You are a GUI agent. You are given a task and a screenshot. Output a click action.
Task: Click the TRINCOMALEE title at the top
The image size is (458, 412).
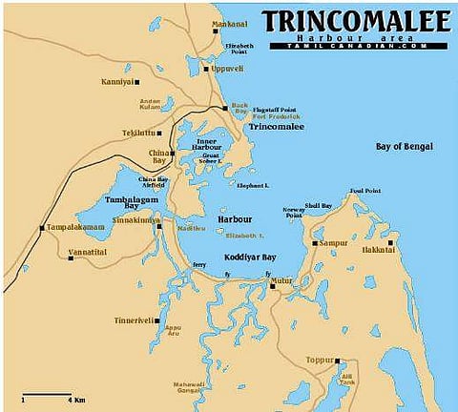(x=359, y=21)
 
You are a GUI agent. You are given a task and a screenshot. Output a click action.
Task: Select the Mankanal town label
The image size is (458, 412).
(x=229, y=24)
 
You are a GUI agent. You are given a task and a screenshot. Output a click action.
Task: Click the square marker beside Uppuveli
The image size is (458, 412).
(x=206, y=69)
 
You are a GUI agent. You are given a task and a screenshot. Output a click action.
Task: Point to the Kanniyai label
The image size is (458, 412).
(x=117, y=82)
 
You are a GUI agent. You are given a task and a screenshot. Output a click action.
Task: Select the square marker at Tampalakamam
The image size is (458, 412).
(x=41, y=228)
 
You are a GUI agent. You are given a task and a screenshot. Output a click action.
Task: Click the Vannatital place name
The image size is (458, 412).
(x=88, y=254)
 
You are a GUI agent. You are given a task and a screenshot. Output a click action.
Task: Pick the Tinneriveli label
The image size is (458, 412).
(x=133, y=319)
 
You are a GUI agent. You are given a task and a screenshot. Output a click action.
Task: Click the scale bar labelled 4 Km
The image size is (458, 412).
(x=45, y=394)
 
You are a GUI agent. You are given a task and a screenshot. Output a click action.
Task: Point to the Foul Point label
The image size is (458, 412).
(x=364, y=191)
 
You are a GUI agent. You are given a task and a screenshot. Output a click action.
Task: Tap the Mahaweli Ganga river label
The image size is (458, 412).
(x=189, y=388)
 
